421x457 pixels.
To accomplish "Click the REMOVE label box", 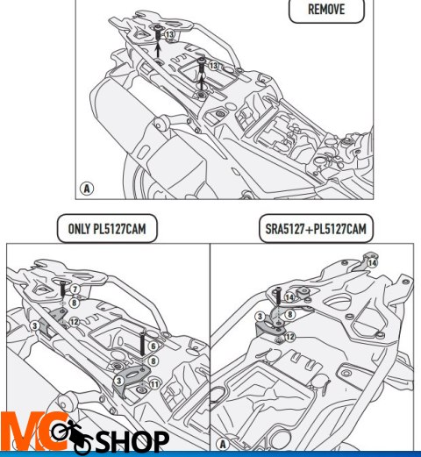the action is pyautogui.click(x=326, y=10).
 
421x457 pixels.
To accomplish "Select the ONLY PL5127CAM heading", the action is pyautogui.click(x=107, y=229).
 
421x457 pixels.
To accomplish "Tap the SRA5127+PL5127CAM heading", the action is pyautogui.click(x=316, y=229).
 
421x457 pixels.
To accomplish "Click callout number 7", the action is pyautogui.click(x=75, y=289).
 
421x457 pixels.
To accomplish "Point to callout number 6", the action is pyautogui.click(x=153, y=346).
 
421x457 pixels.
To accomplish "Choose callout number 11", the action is pyautogui.click(x=154, y=384).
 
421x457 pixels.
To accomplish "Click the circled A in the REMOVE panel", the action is pyautogui.click(x=87, y=189).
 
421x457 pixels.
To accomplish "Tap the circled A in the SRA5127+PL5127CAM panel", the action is pyautogui.click(x=223, y=445).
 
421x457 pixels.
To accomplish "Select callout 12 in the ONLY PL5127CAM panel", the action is pyautogui.click(x=74, y=322).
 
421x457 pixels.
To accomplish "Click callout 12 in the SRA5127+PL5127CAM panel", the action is pyautogui.click(x=289, y=337).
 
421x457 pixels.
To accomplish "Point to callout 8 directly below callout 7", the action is pyautogui.click(x=75, y=303).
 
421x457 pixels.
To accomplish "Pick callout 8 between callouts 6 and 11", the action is pyautogui.click(x=153, y=361).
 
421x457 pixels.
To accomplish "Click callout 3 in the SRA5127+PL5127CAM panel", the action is pyautogui.click(x=260, y=317).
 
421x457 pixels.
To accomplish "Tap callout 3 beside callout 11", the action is pyautogui.click(x=118, y=381).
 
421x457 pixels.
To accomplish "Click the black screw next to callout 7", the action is pyautogui.click(x=63, y=289).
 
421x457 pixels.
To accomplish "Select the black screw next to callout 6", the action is pyautogui.click(x=142, y=344).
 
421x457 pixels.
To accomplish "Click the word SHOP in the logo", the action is pyautogui.click(x=132, y=441).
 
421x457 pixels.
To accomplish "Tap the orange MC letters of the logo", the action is pyautogui.click(x=32, y=432).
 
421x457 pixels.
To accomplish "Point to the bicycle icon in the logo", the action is pyautogui.click(x=72, y=436).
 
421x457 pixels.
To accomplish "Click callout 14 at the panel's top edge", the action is pyautogui.click(x=372, y=263).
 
